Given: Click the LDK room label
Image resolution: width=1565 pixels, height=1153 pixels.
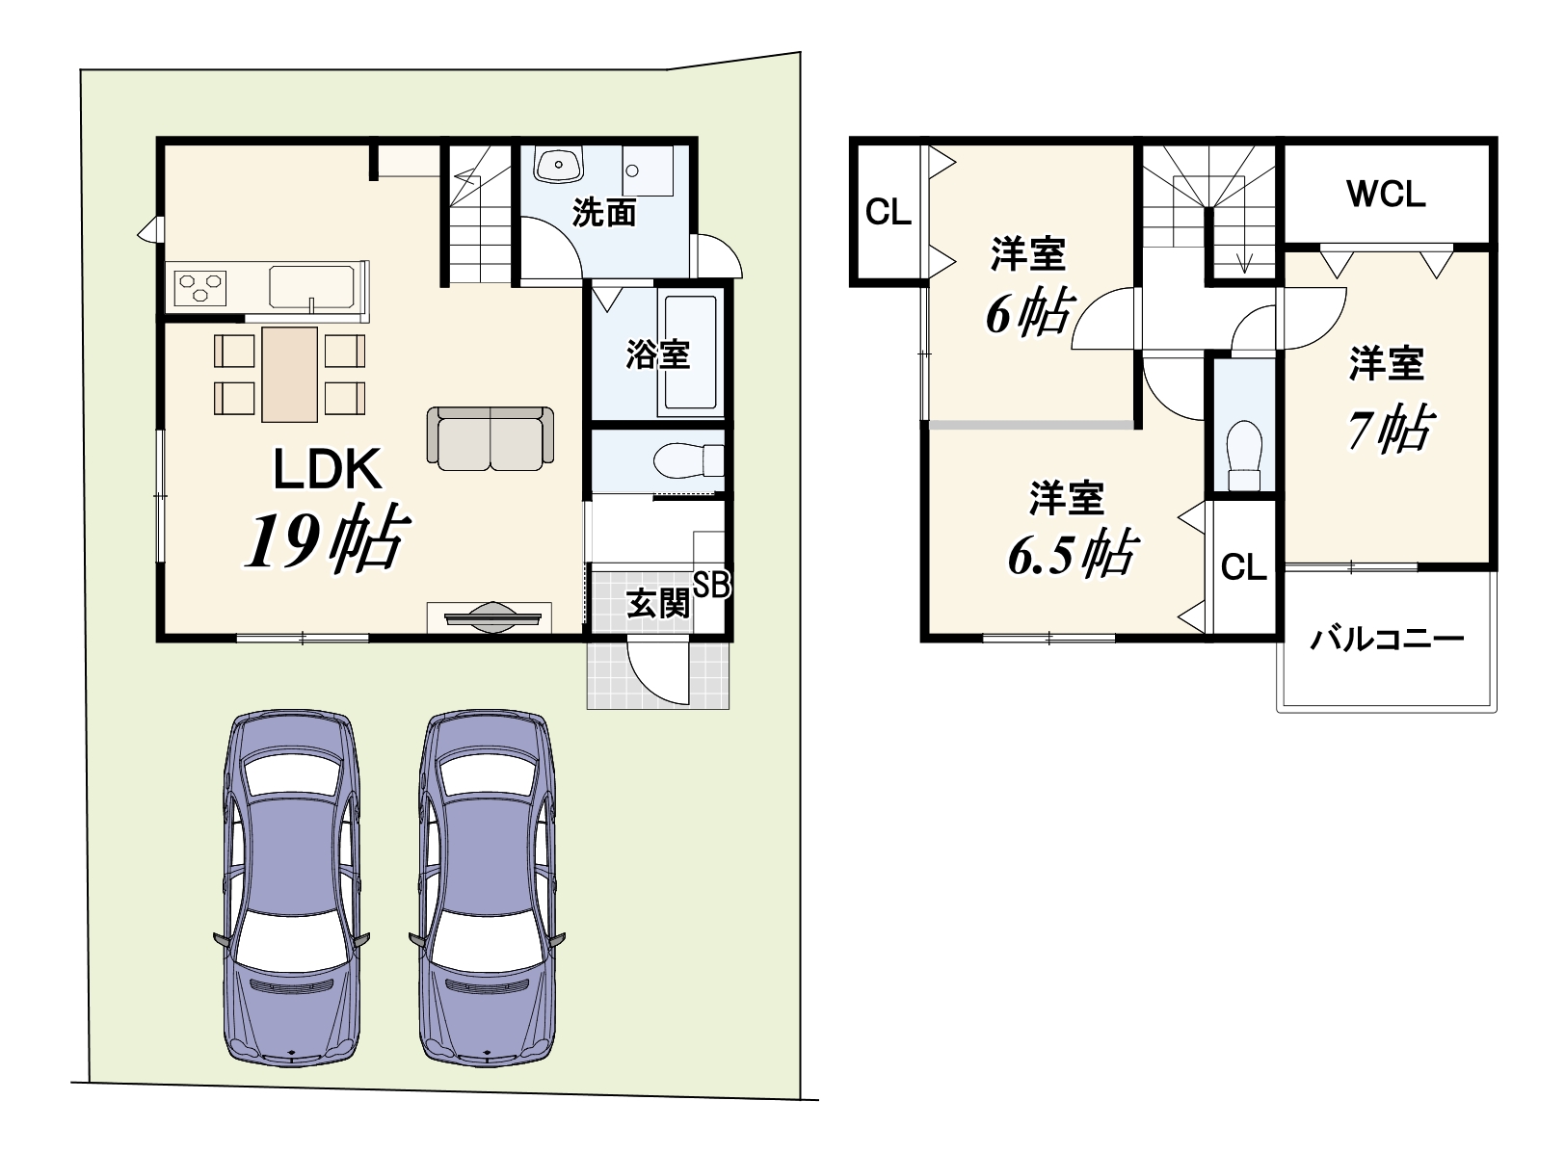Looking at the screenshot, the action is pyautogui.click(x=327, y=468).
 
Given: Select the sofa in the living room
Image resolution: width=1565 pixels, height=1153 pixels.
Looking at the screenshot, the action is pyautogui.click(x=490, y=438).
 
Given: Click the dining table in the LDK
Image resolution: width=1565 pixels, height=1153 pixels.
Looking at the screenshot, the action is pyautogui.click(x=289, y=375).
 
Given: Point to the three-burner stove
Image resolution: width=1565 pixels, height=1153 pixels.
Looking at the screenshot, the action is pyautogui.click(x=200, y=288).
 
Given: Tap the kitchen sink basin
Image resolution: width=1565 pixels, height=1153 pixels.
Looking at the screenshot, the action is pyautogui.click(x=311, y=286).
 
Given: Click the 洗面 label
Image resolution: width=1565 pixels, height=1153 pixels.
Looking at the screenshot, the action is pyautogui.click(x=604, y=212).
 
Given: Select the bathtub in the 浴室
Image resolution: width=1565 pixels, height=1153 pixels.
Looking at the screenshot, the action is pyautogui.click(x=690, y=352).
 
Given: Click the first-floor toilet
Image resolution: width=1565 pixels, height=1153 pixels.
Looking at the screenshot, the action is pyautogui.click(x=688, y=460).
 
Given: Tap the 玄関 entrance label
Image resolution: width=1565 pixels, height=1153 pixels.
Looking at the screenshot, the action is pyautogui.click(x=658, y=603).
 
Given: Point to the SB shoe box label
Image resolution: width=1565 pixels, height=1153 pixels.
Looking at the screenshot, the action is pyautogui.click(x=711, y=585).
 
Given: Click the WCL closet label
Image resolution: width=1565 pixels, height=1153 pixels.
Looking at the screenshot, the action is pyautogui.click(x=1386, y=195).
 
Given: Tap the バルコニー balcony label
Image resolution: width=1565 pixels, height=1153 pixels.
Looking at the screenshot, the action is pyautogui.click(x=1386, y=639).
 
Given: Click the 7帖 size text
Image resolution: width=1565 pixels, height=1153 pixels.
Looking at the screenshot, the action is pyautogui.click(x=1391, y=429).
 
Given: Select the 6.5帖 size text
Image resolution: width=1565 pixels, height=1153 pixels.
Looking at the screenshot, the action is pyautogui.click(x=1073, y=554).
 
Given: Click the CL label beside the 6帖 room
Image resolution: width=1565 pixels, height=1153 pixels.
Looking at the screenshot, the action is pyautogui.click(x=889, y=212).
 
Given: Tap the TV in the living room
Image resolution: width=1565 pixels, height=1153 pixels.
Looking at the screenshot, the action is pyautogui.click(x=492, y=617).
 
